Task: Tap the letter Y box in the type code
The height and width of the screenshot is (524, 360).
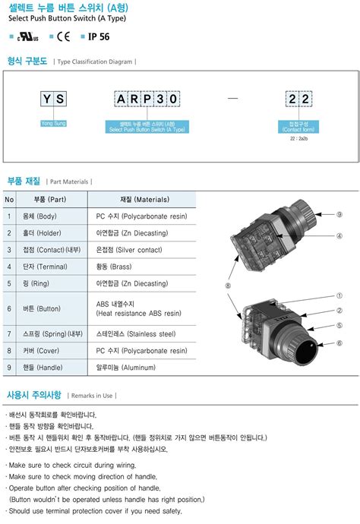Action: pos(47,99)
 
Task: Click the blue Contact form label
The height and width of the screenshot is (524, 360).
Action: pos(298,127)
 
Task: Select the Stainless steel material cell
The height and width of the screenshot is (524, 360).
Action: pos(135,333)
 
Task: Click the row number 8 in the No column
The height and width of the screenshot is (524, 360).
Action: pos(9,351)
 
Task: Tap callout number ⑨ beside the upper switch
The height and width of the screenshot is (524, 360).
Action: pos(339,215)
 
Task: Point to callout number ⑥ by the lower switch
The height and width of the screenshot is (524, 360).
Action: pos(339,343)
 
